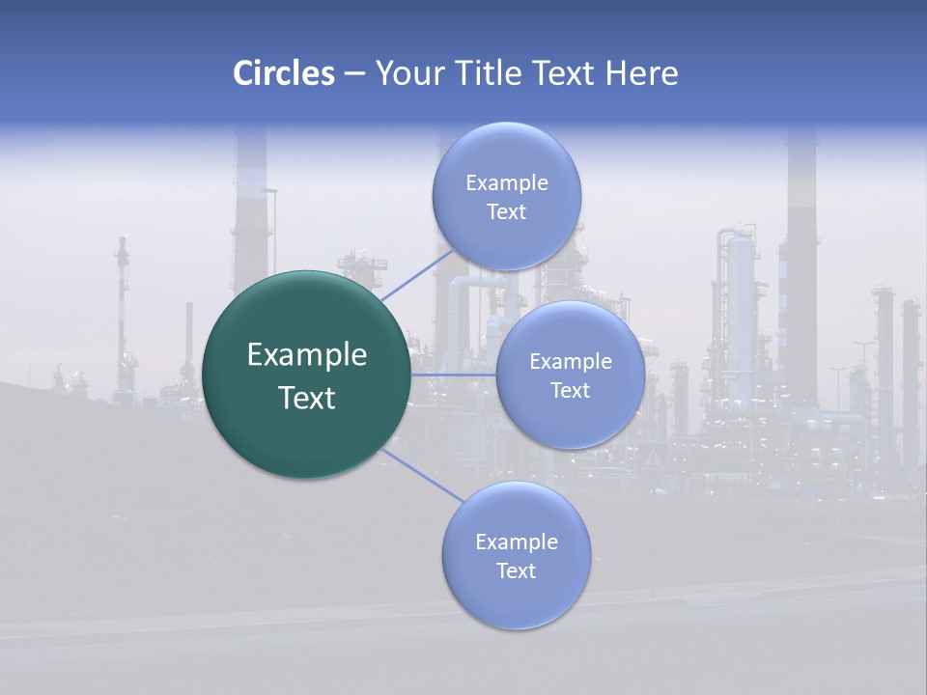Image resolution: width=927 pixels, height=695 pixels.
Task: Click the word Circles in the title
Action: click(283, 73)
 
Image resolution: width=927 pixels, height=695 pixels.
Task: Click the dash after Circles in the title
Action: click(354, 74)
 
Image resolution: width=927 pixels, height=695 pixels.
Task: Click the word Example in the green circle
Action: click(307, 355)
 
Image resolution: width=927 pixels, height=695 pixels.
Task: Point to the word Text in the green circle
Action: click(307, 398)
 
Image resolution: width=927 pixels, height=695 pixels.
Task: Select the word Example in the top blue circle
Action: click(507, 183)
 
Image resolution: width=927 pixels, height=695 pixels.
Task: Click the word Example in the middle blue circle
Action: click(571, 362)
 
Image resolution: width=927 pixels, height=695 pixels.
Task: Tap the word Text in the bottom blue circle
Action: click(516, 571)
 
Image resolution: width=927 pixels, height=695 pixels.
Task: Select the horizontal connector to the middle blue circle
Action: click(453, 375)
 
